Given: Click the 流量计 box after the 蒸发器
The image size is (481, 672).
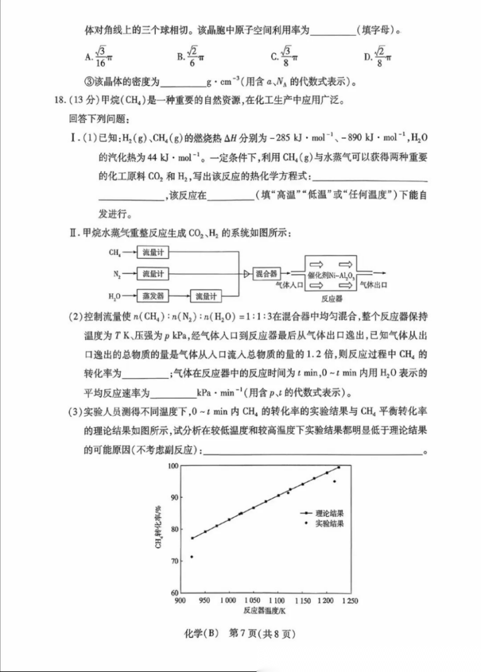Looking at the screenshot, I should [x=205, y=296].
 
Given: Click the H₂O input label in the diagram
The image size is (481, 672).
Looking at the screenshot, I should [x=114, y=296].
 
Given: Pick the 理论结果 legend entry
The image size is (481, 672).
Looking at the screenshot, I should [x=329, y=513].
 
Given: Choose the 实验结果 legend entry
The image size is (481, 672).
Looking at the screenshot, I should [x=329, y=523].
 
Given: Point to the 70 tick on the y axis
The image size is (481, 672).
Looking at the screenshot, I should [x=174, y=561].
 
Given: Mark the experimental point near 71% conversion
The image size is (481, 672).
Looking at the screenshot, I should [x=192, y=557].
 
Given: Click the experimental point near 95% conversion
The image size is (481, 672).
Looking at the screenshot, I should [x=334, y=481].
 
